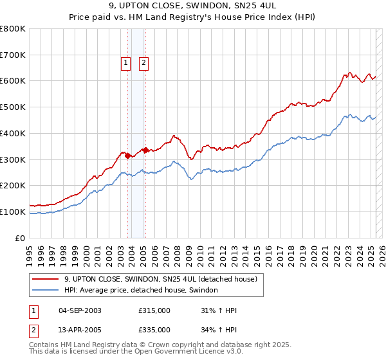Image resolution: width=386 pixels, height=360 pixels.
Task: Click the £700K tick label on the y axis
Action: (13, 55)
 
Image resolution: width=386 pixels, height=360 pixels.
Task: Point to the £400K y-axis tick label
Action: (13, 133)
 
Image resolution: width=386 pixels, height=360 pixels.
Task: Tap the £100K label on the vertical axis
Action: (13, 212)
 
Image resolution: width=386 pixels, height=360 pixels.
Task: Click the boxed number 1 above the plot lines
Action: (125, 62)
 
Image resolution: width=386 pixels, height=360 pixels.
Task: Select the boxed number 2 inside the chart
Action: (143, 62)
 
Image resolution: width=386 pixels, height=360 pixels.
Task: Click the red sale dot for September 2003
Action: (128, 155)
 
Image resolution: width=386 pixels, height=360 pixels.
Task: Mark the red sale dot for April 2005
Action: (146, 150)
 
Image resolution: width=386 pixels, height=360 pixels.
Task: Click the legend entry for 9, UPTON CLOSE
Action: (160, 278)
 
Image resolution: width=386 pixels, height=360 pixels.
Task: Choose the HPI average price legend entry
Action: (141, 290)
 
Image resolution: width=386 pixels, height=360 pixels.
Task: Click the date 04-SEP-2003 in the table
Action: (80, 310)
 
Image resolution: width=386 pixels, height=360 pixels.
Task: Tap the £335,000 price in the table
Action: (154, 329)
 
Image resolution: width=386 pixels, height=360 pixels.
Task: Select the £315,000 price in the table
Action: (154, 310)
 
